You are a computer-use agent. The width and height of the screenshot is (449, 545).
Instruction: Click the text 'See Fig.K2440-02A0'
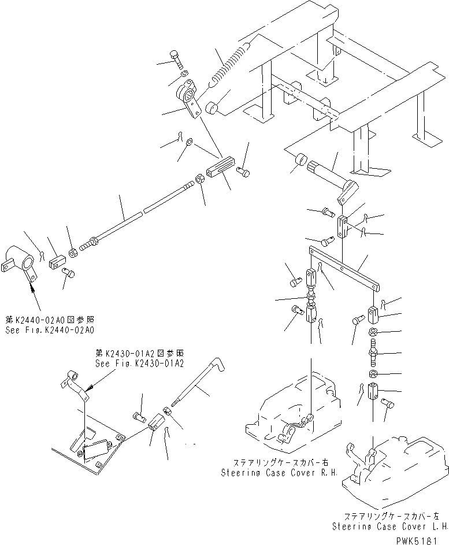50,330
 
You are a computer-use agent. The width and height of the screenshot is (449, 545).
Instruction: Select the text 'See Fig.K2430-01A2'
139,364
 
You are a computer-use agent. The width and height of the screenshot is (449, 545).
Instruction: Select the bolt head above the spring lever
176,58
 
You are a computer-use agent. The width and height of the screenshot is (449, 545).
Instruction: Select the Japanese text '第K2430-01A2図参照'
140,354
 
